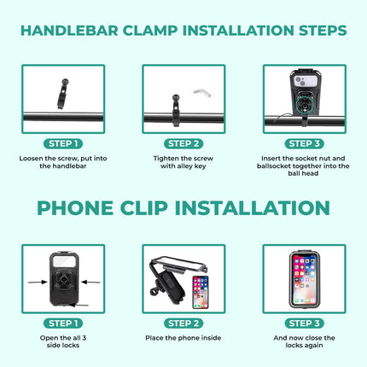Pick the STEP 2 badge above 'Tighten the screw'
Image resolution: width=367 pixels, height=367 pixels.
(x=183, y=143)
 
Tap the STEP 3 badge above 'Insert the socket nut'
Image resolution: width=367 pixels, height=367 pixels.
(x=303, y=143)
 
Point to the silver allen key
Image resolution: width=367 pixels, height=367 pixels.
(x=201, y=90)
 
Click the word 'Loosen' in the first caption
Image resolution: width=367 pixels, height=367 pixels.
(x=33, y=159)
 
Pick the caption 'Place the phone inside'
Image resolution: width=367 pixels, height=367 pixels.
(x=183, y=338)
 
